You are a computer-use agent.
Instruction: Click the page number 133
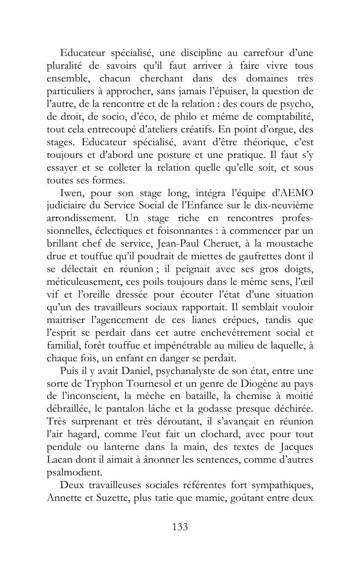180,527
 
